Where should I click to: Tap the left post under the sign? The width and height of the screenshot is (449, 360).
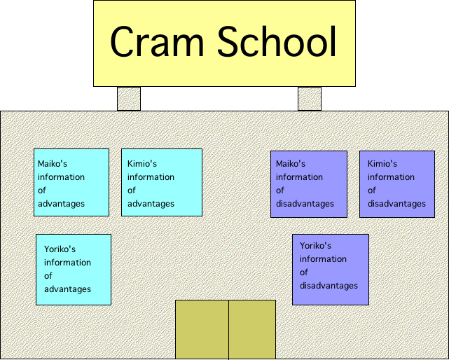(x=128, y=99)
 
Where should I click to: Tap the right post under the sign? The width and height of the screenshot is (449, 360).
(x=309, y=99)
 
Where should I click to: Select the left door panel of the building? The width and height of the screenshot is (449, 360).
(x=202, y=329)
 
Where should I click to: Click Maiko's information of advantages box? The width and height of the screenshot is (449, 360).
(x=71, y=183)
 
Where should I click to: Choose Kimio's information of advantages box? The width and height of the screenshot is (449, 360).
(x=161, y=183)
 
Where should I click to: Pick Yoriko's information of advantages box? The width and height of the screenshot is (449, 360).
(x=73, y=270)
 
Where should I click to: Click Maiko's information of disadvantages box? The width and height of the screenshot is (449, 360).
(x=308, y=184)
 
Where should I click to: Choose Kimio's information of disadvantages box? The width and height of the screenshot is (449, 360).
(x=396, y=184)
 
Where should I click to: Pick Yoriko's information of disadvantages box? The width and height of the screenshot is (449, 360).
(x=330, y=270)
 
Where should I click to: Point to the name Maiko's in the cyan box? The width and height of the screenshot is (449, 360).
(x=53, y=164)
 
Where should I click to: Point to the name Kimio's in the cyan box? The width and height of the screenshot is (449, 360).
(x=141, y=164)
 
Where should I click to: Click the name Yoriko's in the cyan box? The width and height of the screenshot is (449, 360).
(x=60, y=249)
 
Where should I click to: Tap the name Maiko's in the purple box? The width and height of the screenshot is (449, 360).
(x=291, y=164)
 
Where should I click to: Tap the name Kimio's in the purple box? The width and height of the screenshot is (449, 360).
(x=382, y=164)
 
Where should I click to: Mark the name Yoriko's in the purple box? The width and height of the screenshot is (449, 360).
(x=315, y=246)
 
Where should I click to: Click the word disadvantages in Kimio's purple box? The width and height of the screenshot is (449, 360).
(x=396, y=204)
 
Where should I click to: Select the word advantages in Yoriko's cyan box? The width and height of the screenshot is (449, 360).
(x=67, y=289)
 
